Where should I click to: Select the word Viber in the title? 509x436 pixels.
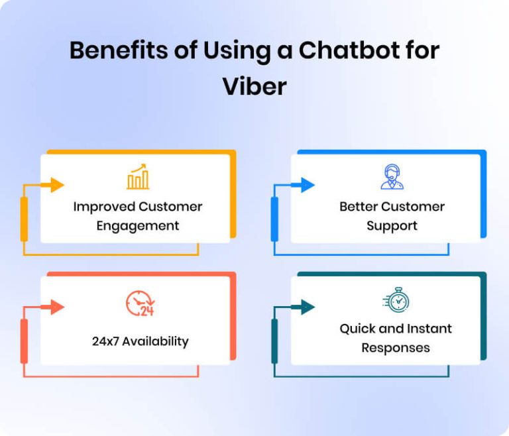click(254, 86)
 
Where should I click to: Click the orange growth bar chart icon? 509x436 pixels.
click(138, 177)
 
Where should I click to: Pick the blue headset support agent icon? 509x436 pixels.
click(392, 177)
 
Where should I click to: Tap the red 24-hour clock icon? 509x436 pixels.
click(139, 303)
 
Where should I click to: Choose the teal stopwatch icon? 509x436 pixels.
click(396, 300)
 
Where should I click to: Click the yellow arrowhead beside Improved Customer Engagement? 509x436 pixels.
click(57, 185)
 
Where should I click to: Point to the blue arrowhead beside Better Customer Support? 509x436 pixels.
click(308, 185)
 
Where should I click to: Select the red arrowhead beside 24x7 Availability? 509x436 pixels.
click(57, 307)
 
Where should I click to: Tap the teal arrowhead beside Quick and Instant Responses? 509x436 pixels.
click(308, 307)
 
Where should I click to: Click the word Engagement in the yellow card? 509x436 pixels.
click(138, 226)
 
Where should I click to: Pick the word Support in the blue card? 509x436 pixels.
click(392, 226)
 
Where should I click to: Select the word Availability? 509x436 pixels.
click(155, 342)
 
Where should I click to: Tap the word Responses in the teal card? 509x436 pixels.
click(396, 348)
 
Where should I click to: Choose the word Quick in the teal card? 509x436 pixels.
click(358, 329)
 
